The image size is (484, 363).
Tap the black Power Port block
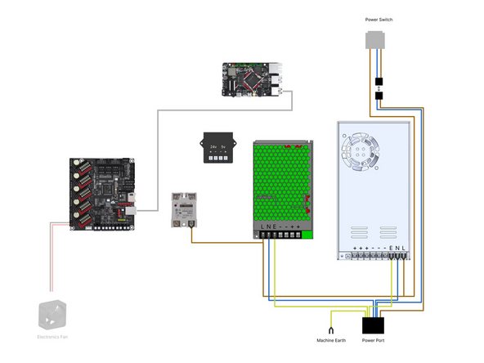coord(373,325)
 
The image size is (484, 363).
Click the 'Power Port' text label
coord(373,340)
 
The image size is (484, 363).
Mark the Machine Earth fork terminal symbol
coord(331,320)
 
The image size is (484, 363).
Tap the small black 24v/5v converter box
coord(218,149)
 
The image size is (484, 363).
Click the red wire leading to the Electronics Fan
coord(53,262)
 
